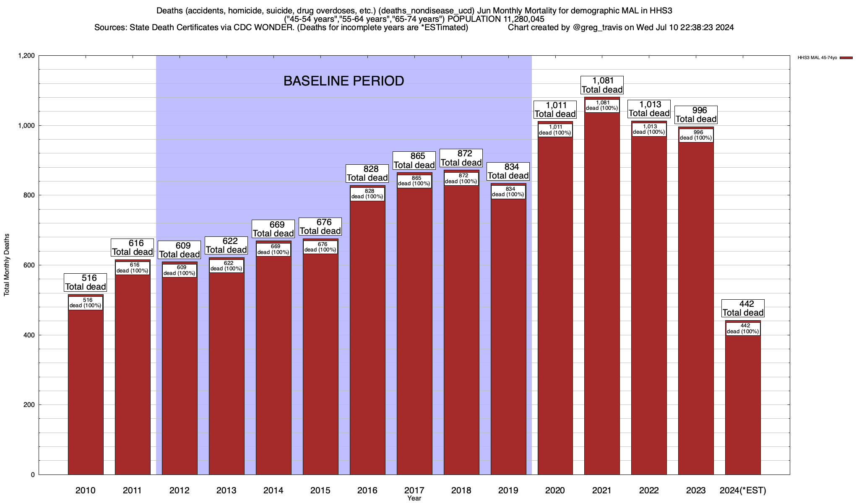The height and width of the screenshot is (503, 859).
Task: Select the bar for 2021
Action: [602, 293]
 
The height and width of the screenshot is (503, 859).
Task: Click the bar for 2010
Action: [86, 390]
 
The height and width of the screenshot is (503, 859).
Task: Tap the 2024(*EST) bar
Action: [743, 402]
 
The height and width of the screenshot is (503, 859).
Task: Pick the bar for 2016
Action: [367, 335]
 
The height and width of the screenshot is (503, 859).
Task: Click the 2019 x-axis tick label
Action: [508, 490]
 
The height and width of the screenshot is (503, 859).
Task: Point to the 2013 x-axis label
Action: [226, 490]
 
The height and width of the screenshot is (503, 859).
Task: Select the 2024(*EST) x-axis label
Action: [743, 490]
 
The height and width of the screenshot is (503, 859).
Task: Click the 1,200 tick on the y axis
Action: [26, 56]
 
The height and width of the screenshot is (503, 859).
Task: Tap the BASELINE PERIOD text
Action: [344, 81]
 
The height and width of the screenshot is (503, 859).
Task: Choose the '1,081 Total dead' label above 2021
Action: [602, 85]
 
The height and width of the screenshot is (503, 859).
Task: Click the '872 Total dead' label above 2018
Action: [461, 158]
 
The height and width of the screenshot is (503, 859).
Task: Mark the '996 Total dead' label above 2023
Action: [696, 115]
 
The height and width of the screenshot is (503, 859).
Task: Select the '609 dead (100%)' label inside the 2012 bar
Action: [179, 270]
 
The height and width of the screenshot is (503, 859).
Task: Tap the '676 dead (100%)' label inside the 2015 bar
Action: [320, 247]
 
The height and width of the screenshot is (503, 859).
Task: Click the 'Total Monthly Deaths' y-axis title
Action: [7, 265]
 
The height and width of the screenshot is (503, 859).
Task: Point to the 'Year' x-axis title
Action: [414, 498]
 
